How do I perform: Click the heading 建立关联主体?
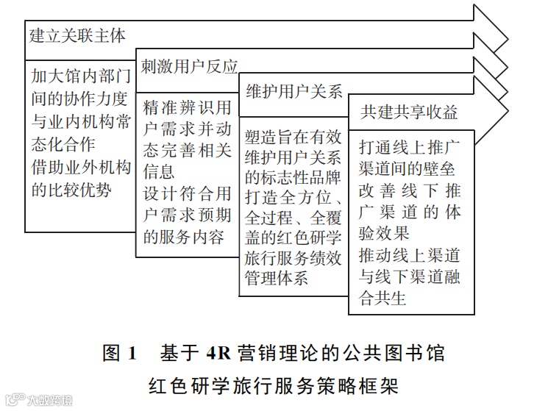[x=77, y=35]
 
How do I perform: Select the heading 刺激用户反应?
[x=189, y=66]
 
